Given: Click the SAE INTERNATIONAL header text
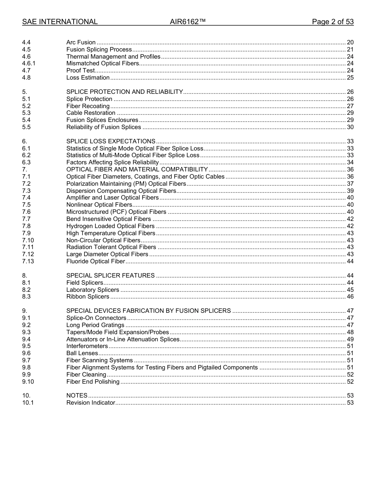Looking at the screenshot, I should [60, 22].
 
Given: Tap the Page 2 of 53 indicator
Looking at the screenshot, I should [332, 22].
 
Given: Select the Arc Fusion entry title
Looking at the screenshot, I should [81, 42].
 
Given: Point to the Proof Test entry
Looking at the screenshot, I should [80, 70].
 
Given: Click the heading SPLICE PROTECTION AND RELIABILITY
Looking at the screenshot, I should [124, 92].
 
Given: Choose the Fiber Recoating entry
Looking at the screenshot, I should [88, 106].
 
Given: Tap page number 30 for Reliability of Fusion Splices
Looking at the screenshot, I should [350, 127].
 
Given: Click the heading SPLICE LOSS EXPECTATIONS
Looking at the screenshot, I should [111, 141].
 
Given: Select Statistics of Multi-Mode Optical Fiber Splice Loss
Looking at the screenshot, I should [133, 155].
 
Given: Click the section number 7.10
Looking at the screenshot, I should [28, 240].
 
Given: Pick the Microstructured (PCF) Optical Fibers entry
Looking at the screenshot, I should [116, 212].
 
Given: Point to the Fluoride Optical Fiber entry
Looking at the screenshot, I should [95, 261].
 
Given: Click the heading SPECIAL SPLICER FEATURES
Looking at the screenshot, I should [110, 276].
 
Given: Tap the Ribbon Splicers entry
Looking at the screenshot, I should [87, 297].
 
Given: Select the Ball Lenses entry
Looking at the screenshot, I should [82, 353].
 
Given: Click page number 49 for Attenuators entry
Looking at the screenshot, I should [350, 339].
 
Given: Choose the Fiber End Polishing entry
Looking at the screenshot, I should [93, 382].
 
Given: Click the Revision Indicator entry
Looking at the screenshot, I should [91, 403].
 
